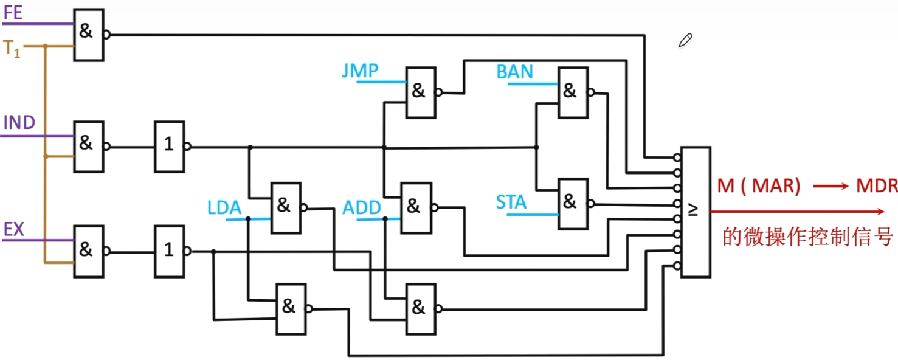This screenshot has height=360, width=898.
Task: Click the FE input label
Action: click(13, 13)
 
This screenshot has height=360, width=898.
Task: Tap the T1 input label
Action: click(12, 49)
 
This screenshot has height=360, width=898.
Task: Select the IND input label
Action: click(19, 123)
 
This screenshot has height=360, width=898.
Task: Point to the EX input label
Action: click(14, 229)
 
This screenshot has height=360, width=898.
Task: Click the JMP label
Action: click(360, 71)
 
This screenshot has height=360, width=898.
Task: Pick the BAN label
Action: click(514, 72)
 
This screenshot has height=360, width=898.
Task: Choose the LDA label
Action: click(224, 208)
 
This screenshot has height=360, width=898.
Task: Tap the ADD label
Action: click(362, 208)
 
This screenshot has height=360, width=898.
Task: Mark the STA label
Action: click(511, 202)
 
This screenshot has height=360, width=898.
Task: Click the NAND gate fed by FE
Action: click(89, 35)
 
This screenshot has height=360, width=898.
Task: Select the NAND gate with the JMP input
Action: click(421, 92)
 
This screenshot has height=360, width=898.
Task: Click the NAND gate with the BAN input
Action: click(573, 92)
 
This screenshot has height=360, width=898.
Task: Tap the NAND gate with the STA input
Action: click(573, 203)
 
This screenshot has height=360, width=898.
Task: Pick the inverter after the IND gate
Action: click(170, 146)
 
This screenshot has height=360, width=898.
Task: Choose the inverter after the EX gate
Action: click(170, 251)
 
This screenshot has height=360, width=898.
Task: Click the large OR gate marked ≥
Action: click(696, 212)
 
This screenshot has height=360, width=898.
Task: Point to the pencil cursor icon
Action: click(685, 41)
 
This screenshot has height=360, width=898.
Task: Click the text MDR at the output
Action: click(876, 186)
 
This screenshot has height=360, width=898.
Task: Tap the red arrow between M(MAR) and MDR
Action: click(831, 186)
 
